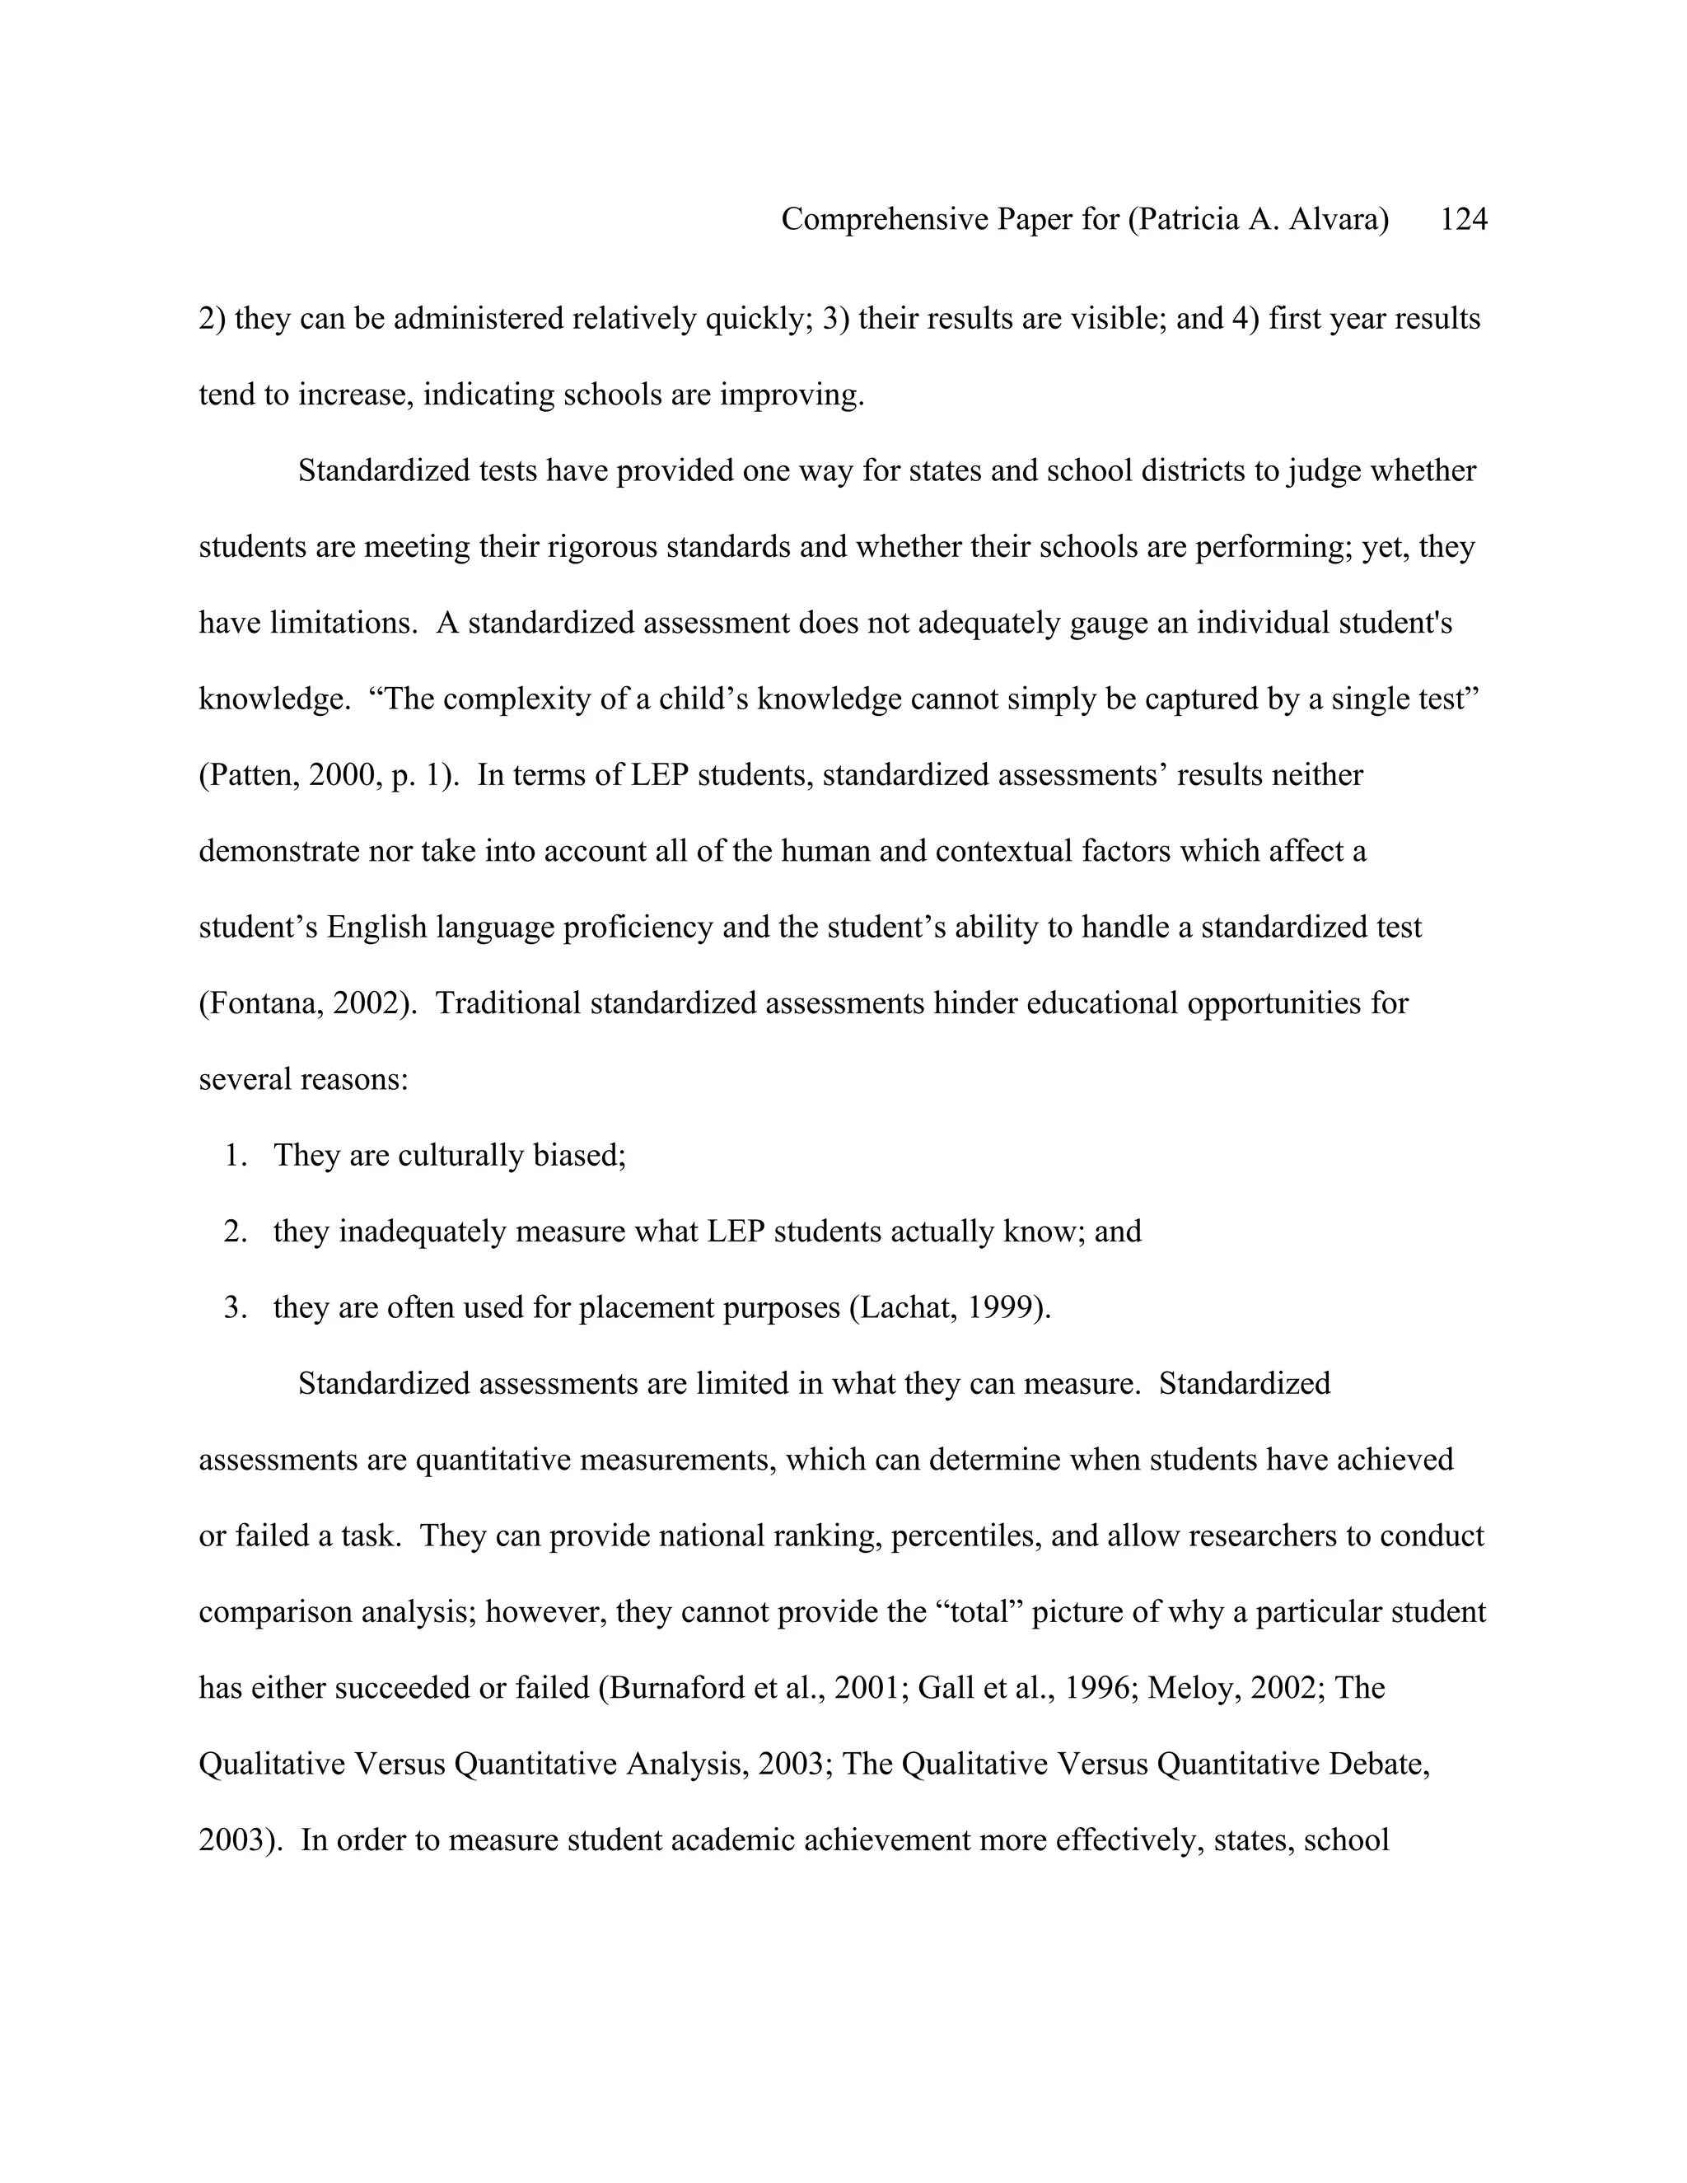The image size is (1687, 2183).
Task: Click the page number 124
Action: click(x=1463, y=219)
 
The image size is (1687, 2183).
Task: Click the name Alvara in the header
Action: click(x=1339, y=219)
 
